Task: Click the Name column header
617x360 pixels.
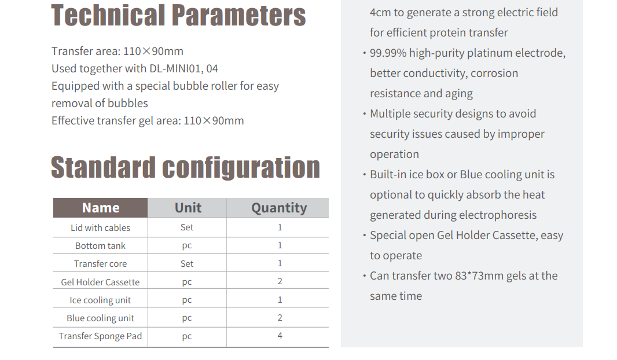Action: pos(100,208)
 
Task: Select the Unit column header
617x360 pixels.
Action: pos(188,208)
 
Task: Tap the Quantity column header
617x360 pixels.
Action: pos(279,208)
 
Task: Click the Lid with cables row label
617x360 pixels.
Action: pos(100,228)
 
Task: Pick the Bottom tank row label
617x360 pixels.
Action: pos(100,246)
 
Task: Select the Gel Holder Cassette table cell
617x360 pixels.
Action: pos(100,282)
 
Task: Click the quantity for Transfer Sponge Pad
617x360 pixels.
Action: pos(280,336)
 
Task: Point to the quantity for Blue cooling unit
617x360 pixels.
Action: pos(280,318)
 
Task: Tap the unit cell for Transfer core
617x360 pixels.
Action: pos(187,263)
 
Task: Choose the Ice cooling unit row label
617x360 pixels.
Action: pos(100,300)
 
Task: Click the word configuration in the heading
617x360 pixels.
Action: pos(241,167)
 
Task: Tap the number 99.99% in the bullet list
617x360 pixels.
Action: pos(388,53)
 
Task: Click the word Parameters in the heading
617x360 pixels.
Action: pos(239,16)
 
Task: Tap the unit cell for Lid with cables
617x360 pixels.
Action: pos(187,227)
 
